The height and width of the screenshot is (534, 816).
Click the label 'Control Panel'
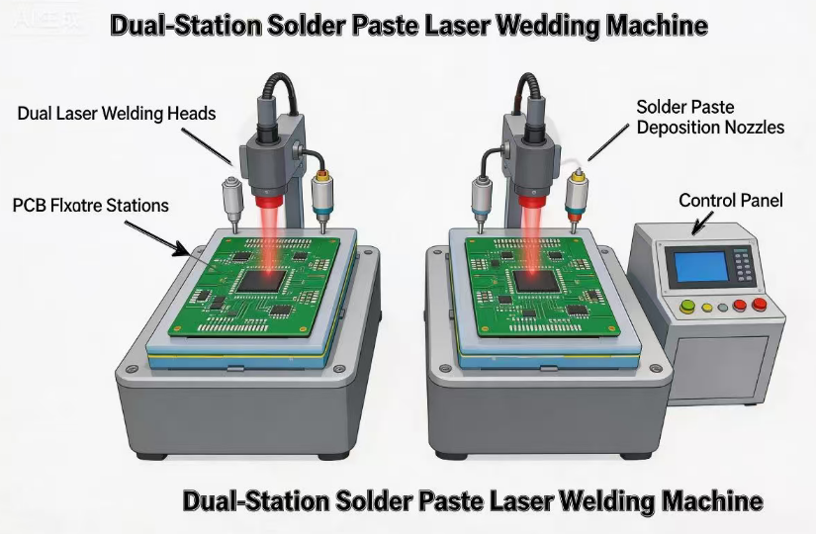(730, 201)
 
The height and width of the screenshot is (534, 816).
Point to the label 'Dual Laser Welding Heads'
(116, 114)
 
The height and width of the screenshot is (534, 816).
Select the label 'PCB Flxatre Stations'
(90, 206)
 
